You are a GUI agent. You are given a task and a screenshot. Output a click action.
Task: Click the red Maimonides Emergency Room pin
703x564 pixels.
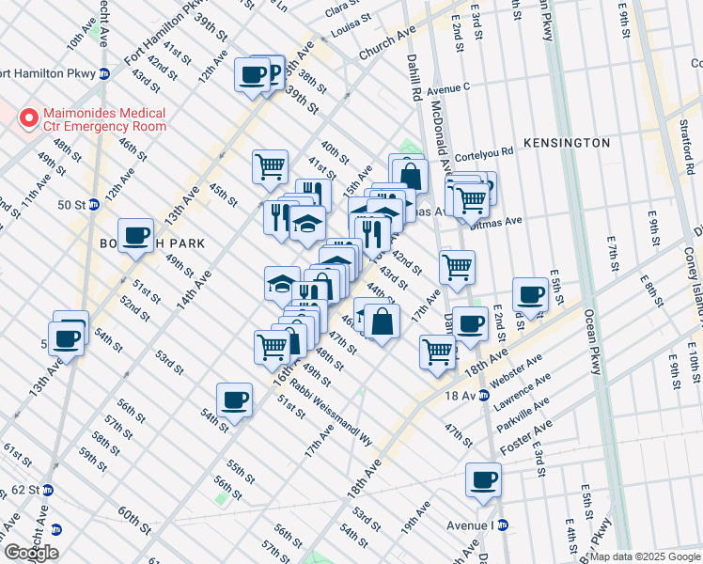[29, 117]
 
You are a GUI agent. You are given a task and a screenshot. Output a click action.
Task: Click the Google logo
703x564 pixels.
[31, 553]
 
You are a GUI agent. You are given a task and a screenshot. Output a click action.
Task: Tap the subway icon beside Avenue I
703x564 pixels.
[502, 525]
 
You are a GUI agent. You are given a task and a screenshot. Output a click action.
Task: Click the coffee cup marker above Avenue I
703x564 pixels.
[484, 480]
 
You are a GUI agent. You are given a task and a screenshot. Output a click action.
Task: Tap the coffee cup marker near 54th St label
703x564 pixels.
[234, 399]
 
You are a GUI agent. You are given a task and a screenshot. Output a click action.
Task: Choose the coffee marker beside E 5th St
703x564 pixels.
[530, 294]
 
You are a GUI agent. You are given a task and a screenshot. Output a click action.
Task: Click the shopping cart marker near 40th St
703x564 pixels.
[270, 166]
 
